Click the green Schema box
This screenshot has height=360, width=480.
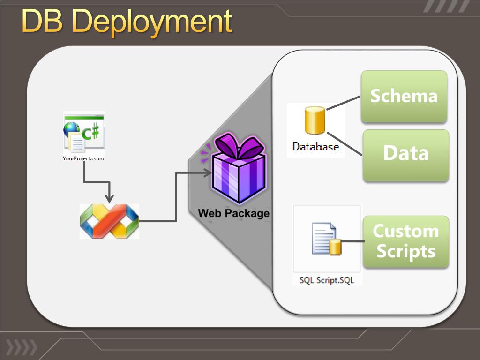(x=404, y=97)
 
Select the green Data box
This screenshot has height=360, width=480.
(x=406, y=155)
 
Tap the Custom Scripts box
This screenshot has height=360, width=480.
(x=406, y=241)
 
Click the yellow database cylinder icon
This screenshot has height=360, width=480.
(x=315, y=120)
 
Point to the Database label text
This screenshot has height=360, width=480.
(x=315, y=146)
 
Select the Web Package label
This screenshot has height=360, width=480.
(x=234, y=213)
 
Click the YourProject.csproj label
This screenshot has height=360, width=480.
(x=84, y=158)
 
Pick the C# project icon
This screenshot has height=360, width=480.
(x=84, y=133)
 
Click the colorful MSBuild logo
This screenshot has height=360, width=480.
(x=109, y=221)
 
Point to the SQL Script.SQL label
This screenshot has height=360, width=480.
(x=327, y=280)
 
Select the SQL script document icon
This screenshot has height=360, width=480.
(x=326, y=239)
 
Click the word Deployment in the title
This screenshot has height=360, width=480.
(x=152, y=22)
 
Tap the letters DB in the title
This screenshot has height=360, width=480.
(x=42, y=21)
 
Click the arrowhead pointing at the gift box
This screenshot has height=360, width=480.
(x=208, y=173)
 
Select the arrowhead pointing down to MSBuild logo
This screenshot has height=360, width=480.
(x=109, y=198)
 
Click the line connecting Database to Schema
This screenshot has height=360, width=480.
(x=344, y=103)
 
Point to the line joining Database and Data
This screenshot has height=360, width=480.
(x=345, y=143)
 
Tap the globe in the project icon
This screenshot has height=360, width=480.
(x=71, y=129)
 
